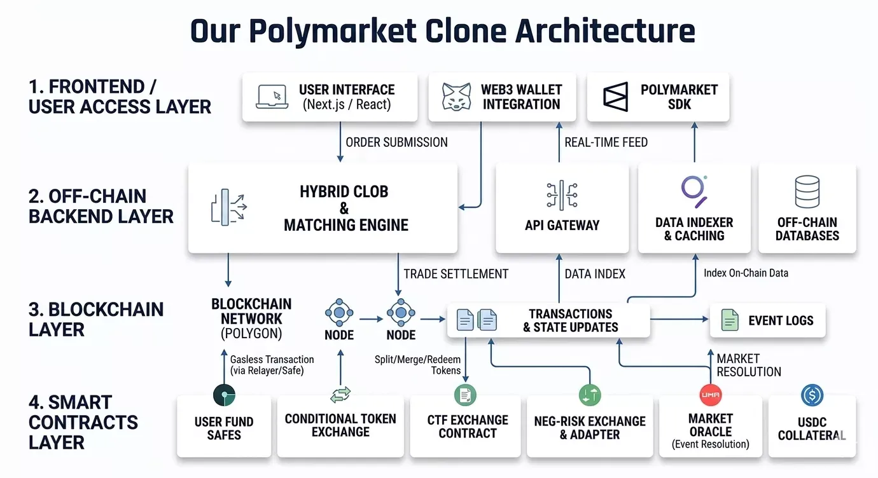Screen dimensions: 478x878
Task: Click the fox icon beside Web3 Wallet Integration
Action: pyautogui.click(x=456, y=97)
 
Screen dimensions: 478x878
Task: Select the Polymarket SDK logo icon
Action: pyautogui.click(x=615, y=97)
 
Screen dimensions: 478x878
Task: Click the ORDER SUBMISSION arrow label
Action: pyautogui.click(x=396, y=142)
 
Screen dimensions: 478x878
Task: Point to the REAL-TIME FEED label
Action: pyautogui.click(x=606, y=142)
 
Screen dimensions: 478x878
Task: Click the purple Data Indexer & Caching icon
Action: pyautogui.click(x=694, y=190)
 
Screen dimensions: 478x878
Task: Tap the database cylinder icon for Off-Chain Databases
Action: pyautogui.click(x=807, y=192)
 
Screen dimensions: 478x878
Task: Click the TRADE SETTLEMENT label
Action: pyautogui.click(x=456, y=274)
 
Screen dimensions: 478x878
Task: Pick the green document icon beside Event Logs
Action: pyautogui.click(x=729, y=320)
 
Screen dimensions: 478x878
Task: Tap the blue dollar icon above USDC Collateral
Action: pyautogui.click(x=812, y=395)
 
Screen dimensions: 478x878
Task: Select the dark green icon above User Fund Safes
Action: pyautogui.click(x=224, y=395)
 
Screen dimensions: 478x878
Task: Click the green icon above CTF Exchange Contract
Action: pyautogui.click(x=465, y=395)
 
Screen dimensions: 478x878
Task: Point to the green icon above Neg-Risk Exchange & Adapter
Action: pyautogui.click(x=590, y=395)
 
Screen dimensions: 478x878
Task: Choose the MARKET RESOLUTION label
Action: pyautogui.click(x=748, y=365)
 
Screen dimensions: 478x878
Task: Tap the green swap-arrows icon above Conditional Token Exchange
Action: pyautogui.click(x=340, y=395)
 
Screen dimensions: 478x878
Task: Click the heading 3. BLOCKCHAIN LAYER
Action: pyautogui.click(x=95, y=319)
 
